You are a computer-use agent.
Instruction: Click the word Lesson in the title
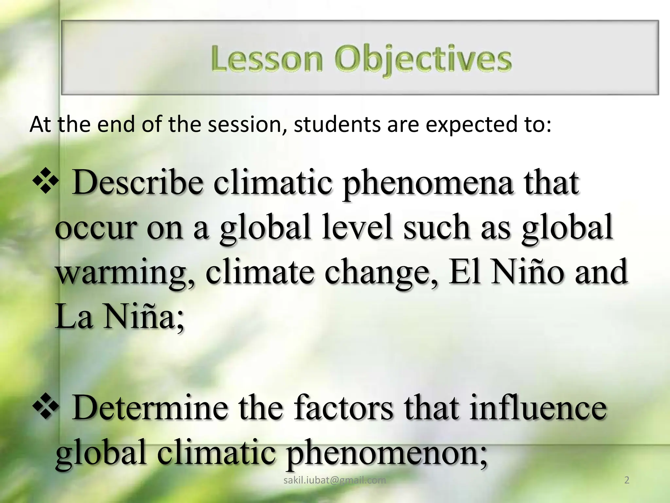tap(267, 59)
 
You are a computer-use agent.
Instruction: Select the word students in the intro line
tap(337, 125)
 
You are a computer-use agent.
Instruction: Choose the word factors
tap(344, 408)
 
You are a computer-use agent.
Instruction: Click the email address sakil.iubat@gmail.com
tap(335, 480)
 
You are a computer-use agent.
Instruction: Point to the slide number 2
tap(627, 480)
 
